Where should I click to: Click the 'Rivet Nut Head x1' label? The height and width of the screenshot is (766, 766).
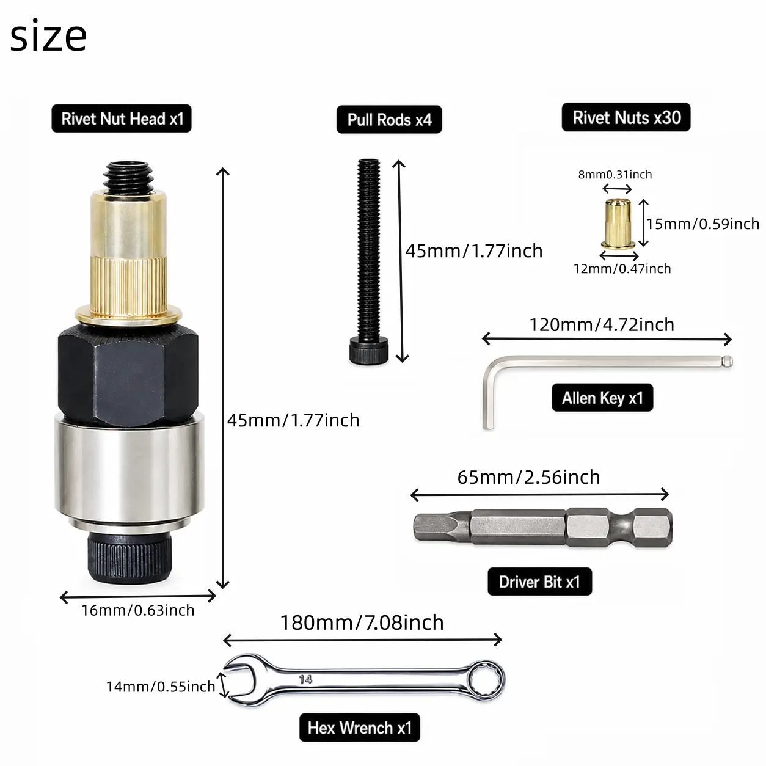(x=122, y=119)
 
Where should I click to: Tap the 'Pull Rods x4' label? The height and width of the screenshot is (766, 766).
(x=389, y=120)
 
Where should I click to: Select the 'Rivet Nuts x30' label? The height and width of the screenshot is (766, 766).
(x=626, y=117)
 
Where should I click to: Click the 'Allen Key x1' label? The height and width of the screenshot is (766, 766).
(x=602, y=398)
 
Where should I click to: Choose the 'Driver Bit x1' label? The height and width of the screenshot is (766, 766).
(x=540, y=582)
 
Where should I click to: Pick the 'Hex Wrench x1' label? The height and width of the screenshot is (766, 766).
(x=360, y=728)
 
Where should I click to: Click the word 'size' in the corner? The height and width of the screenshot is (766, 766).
(x=48, y=36)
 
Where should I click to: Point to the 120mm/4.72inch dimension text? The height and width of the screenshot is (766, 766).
(x=602, y=325)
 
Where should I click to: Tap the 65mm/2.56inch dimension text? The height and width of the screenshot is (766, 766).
(x=529, y=477)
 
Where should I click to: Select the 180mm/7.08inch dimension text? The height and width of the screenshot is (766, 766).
(x=362, y=622)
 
